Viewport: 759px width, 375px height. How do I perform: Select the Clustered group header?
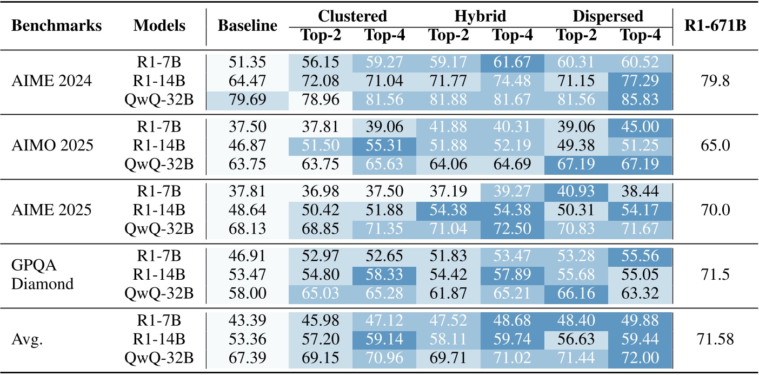coord(352,16)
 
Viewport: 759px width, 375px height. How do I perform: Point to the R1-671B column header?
coord(716,26)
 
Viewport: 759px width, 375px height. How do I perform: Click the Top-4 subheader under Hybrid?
coord(511,35)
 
